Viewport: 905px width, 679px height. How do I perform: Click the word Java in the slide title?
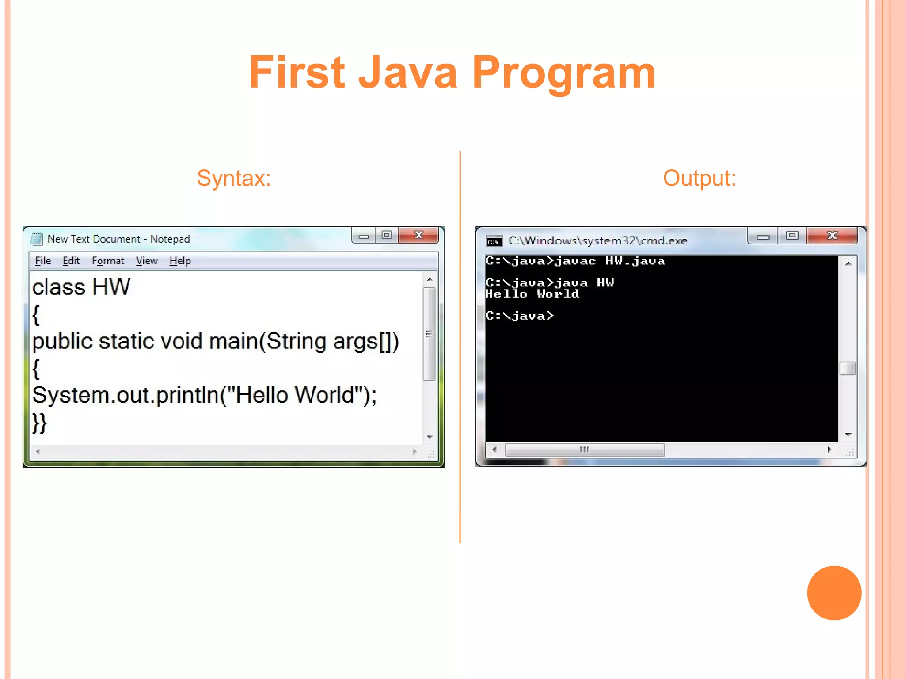(407, 73)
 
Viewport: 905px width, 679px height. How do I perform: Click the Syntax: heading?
(234, 178)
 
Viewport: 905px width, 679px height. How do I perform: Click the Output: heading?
(699, 178)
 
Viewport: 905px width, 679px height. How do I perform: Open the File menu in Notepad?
(43, 261)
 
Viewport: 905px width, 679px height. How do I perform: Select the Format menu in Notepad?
(108, 261)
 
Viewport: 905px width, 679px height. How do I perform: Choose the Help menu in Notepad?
(180, 261)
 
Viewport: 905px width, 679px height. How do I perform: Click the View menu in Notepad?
(146, 261)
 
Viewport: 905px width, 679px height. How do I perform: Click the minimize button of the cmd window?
(763, 237)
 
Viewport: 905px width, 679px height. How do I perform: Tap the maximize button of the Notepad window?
(387, 236)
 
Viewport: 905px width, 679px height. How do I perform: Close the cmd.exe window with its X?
(832, 236)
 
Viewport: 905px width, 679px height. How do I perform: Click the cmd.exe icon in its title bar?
(494, 241)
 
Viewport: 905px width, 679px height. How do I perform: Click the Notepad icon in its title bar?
(37, 239)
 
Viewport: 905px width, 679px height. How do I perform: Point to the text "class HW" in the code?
(81, 287)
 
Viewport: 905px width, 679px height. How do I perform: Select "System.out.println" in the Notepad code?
(125, 395)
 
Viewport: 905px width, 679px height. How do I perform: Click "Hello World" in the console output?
(532, 294)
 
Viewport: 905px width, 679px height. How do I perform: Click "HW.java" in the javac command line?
(635, 261)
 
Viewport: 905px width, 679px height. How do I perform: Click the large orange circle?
(834, 593)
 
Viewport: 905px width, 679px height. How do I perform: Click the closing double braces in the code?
(39, 423)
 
